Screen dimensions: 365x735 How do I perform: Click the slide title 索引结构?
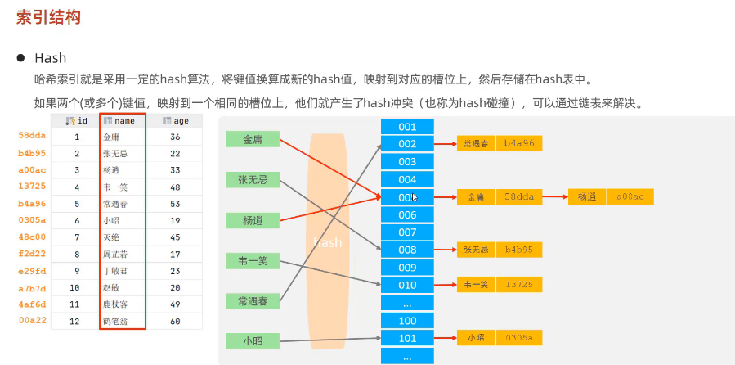pyautogui.click(x=48, y=17)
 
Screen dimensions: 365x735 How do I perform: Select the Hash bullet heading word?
pyautogui.click(x=50, y=59)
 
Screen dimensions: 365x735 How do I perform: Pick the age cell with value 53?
pyautogui.click(x=175, y=204)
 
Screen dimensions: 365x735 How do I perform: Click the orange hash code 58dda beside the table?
pyautogui.click(x=32, y=136)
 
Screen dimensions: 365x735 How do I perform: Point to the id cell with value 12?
pyautogui.click(x=76, y=322)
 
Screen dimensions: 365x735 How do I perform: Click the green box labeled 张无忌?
pyautogui.click(x=253, y=179)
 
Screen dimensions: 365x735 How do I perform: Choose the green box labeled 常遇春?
pyautogui.click(x=253, y=301)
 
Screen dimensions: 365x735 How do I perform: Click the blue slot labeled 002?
pyautogui.click(x=407, y=144)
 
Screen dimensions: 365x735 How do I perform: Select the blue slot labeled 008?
pyautogui.click(x=407, y=250)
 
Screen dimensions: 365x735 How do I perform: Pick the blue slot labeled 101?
pyautogui.click(x=407, y=338)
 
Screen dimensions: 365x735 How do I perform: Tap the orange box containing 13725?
pyautogui.click(x=519, y=285)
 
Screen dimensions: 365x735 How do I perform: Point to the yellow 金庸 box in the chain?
pyautogui.click(x=476, y=197)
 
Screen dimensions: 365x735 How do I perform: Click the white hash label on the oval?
pyautogui.click(x=327, y=243)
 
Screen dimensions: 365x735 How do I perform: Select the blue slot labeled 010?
pyautogui.click(x=407, y=285)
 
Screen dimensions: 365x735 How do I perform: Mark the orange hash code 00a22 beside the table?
pyautogui.click(x=32, y=322)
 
